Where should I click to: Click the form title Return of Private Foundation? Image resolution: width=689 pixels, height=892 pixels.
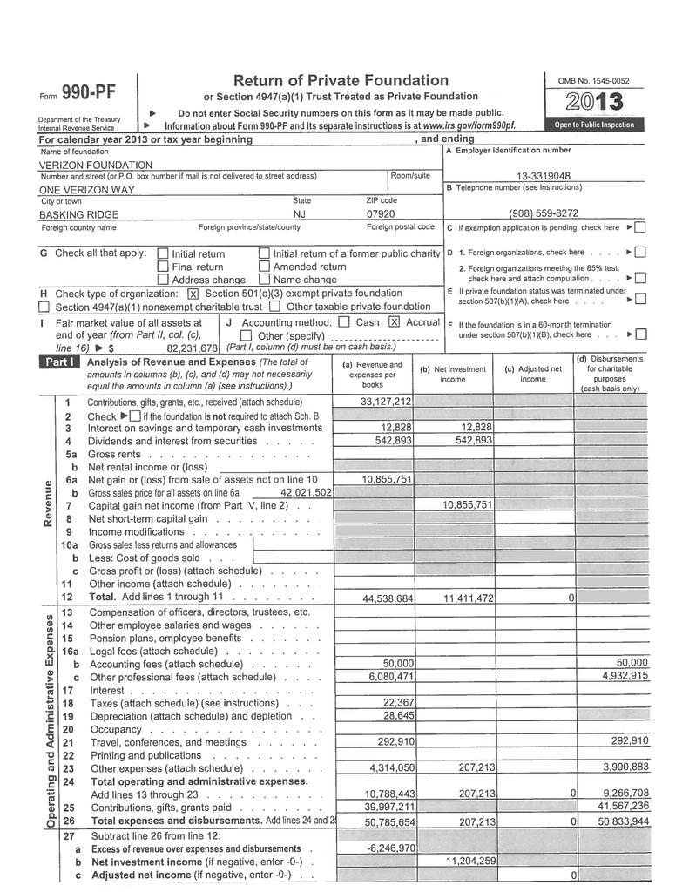coord(341,80)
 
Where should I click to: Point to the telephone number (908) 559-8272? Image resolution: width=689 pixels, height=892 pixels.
coord(544,213)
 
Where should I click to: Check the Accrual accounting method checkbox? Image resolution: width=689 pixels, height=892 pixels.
coord(394,321)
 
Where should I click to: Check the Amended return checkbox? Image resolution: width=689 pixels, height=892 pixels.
coord(264,267)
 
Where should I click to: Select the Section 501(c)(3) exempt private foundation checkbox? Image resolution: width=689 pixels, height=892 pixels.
coord(193,294)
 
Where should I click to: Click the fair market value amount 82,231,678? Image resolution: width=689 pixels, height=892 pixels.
coord(191,348)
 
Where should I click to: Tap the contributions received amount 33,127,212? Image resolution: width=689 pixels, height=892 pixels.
coord(385,402)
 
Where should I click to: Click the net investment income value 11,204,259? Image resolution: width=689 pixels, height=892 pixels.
coord(469,861)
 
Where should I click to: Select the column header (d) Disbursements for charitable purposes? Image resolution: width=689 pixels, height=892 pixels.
coord(608,373)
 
